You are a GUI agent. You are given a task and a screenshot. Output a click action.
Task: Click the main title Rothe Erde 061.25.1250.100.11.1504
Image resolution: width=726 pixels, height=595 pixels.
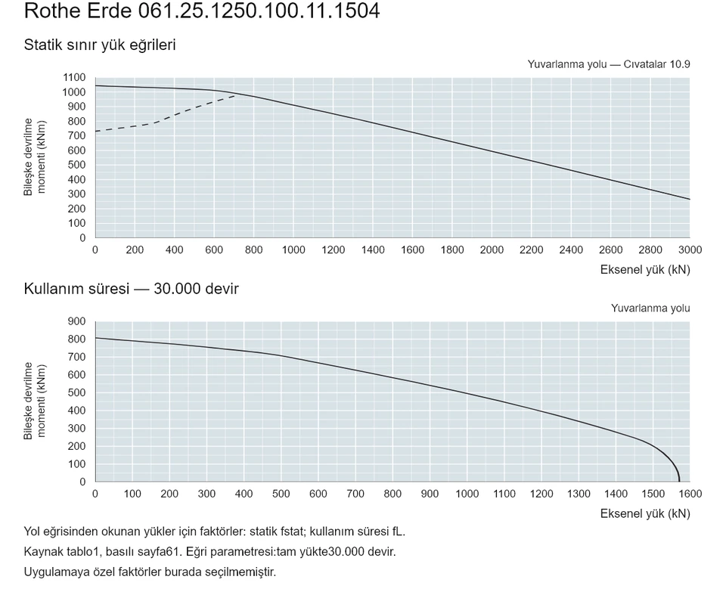[x=202, y=11]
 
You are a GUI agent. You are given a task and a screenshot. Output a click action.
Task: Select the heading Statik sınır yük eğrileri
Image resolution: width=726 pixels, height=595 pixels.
[x=100, y=45]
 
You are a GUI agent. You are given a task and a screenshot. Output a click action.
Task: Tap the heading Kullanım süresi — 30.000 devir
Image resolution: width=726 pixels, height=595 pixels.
[x=131, y=289]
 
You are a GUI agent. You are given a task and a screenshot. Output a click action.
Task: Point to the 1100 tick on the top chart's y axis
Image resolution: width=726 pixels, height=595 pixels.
[x=74, y=77]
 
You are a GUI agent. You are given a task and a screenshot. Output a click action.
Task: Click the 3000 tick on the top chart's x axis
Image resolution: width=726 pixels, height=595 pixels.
[x=690, y=250]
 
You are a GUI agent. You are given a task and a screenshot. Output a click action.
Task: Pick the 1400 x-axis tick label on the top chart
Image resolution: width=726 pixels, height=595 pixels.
[x=373, y=250]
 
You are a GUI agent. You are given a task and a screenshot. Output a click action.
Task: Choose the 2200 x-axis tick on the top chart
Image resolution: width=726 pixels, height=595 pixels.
[x=531, y=250]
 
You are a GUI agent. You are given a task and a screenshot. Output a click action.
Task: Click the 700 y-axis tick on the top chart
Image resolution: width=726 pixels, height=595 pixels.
[x=77, y=135]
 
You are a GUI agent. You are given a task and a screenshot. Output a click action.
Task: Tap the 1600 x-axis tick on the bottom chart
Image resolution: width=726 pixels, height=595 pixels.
[x=690, y=494]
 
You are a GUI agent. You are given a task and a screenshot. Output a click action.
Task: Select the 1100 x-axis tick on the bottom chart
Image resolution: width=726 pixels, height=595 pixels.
[x=504, y=494]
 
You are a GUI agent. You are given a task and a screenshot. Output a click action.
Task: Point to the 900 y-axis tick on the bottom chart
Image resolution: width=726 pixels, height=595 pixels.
[x=77, y=321]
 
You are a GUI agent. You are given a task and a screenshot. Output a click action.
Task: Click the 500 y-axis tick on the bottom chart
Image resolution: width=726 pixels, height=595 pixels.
[x=77, y=392]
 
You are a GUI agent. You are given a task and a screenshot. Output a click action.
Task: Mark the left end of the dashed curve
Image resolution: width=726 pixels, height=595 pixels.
[x=95, y=132]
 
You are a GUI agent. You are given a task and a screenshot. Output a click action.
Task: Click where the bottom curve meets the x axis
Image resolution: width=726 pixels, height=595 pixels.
[x=679, y=482]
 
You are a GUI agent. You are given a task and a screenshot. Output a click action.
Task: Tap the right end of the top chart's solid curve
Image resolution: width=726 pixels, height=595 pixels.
[x=690, y=199]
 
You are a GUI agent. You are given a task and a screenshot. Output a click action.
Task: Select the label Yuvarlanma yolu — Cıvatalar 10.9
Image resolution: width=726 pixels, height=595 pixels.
[x=608, y=64]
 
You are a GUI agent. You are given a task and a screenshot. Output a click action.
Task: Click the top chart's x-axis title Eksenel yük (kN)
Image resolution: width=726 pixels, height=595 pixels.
[x=645, y=270]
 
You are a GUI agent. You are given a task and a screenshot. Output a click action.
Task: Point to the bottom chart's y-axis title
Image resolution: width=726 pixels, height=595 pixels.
[x=35, y=401]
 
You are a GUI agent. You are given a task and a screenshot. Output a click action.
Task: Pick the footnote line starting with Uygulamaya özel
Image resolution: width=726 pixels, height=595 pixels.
[x=150, y=572]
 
